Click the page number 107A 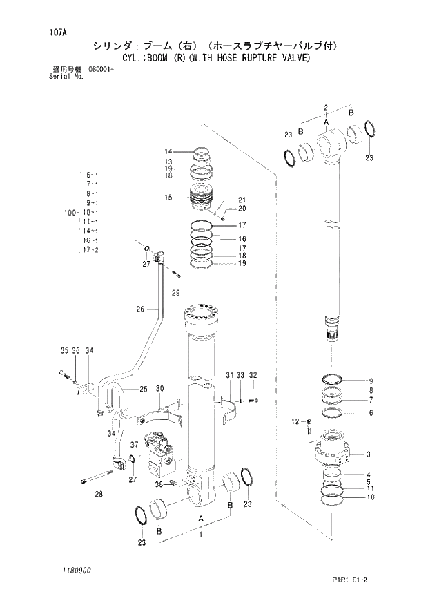(49, 32)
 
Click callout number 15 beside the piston (168, 198)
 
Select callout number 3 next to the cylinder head (369, 454)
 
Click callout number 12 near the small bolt (295, 421)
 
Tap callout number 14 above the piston (168, 152)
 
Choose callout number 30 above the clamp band (159, 389)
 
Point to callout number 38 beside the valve (159, 484)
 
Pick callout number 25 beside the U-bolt (143, 390)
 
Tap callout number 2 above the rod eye (324, 106)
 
